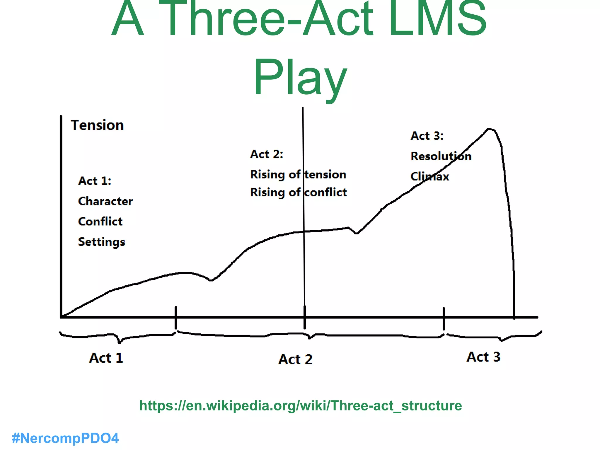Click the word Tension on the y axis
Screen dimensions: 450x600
[x=97, y=125]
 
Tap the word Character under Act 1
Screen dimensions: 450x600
[x=105, y=201]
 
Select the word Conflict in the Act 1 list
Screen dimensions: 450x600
[x=100, y=221]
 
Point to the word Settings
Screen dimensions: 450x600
[x=102, y=242]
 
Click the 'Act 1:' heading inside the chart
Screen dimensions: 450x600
[x=95, y=181]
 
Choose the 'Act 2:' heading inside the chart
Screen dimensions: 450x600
[x=267, y=154]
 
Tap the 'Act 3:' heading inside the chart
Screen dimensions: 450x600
[x=427, y=136]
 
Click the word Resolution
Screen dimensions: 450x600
[x=441, y=156]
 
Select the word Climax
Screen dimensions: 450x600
[x=430, y=177]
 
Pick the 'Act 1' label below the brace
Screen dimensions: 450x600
[x=106, y=358]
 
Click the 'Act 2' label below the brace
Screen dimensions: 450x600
[x=295, y=359]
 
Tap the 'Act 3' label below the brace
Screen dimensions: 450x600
[x=483, y=357]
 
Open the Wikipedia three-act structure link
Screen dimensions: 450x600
[x=300, y=406]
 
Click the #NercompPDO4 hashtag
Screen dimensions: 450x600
[x=65, y=438]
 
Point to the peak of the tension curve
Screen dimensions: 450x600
[x=489, y=129]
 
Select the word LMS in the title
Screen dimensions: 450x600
[x=438, y=19]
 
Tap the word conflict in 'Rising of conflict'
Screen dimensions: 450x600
[x=325, y=192]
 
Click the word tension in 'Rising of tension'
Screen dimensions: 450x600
[x=325, y=175]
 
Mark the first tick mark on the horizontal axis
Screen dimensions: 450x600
[x=176, y=318]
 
